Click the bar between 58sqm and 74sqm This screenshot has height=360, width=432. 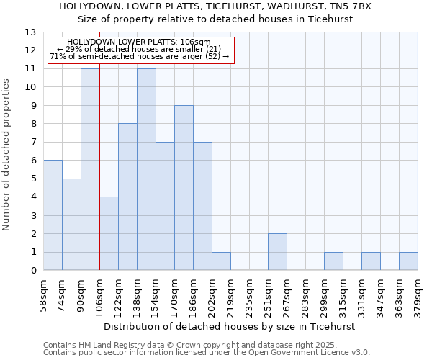53,215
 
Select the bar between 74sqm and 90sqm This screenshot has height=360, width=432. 71,225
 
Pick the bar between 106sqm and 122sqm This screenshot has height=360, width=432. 109,234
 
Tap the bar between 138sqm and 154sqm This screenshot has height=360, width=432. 146,170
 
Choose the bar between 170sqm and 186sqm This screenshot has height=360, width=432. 184,188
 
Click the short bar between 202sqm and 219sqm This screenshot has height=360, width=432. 221,261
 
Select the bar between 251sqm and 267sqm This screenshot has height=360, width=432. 277,252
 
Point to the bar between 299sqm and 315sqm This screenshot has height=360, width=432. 333,261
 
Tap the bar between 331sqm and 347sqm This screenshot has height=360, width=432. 371,261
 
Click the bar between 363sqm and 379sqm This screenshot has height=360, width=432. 408,261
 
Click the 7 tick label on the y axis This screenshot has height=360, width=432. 32,143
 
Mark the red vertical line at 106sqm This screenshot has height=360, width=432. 99,166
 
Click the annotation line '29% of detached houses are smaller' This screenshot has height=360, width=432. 139,49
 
